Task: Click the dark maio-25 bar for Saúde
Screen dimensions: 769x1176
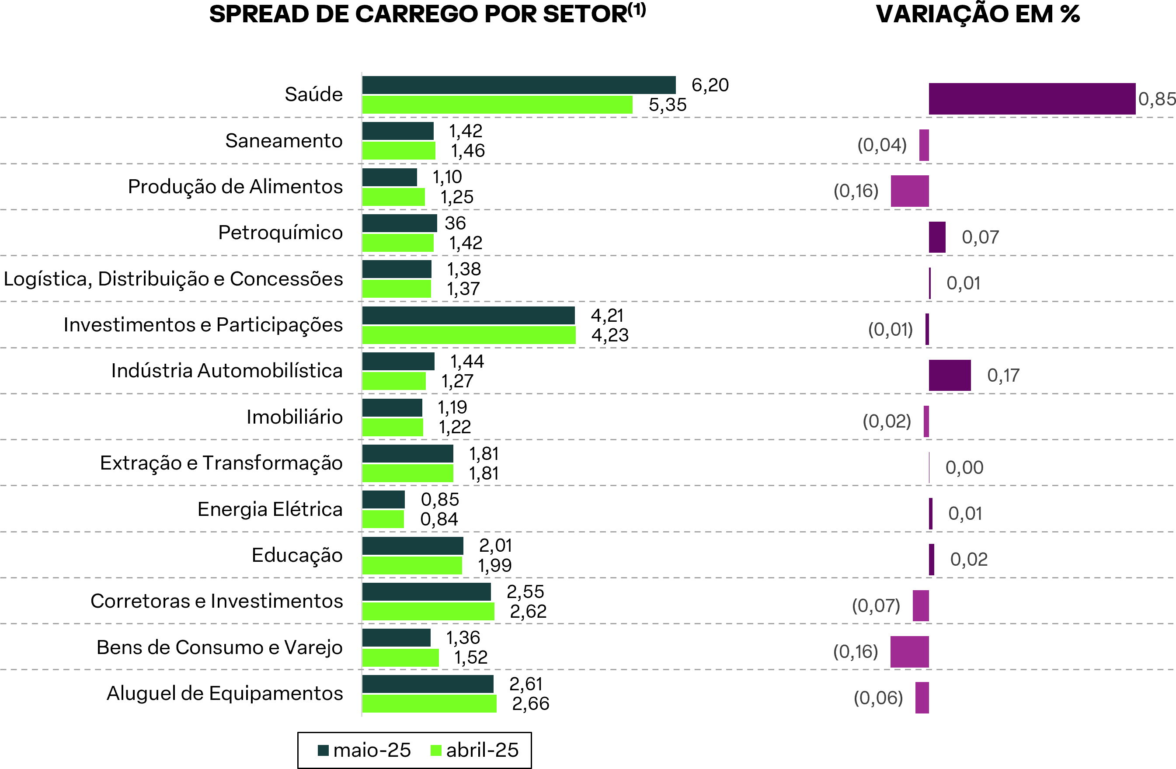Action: (x=519, y=85)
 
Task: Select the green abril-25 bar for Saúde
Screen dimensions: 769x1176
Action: (x=497, y=105)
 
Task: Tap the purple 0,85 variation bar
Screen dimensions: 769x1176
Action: (x=1032, y=99)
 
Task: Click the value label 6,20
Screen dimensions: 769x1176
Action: (x=710, y=85)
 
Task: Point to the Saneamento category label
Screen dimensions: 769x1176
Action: (x=284, y=141)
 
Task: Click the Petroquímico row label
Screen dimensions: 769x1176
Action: (x=280, y=232)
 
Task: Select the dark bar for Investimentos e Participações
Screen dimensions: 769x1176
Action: (x=468, y=315)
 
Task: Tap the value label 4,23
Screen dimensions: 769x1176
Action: (x=610, y=335)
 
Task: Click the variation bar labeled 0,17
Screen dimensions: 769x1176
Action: (x=950, y=376)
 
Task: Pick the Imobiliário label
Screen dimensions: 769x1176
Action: (x=295, y=417)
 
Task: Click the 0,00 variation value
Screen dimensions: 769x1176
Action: (x=964, y=467)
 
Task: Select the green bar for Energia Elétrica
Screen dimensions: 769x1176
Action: (x=383, y=519)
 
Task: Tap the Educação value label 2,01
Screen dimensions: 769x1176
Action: (x=496, y=546)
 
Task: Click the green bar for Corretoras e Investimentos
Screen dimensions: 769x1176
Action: (x=428, y=611)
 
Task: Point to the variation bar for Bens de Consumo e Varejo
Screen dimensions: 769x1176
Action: (x=909, y=652)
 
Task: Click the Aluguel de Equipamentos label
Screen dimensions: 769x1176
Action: (x=225, y=693)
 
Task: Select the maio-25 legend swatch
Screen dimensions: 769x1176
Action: (x=323, y=750)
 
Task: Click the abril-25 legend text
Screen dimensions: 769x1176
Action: (x=482, y=750)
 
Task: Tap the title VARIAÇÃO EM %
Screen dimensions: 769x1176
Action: (x=978, y=14)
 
